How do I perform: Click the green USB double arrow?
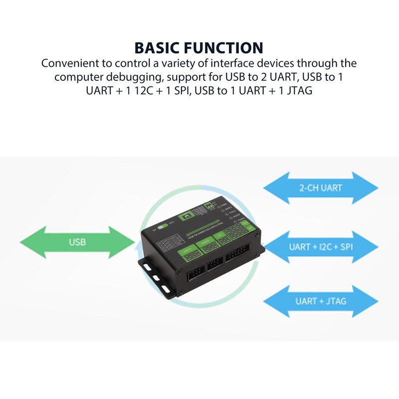[77, 242]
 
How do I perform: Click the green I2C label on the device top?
[221, 238]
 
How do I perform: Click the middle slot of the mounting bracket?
[156, 277]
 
